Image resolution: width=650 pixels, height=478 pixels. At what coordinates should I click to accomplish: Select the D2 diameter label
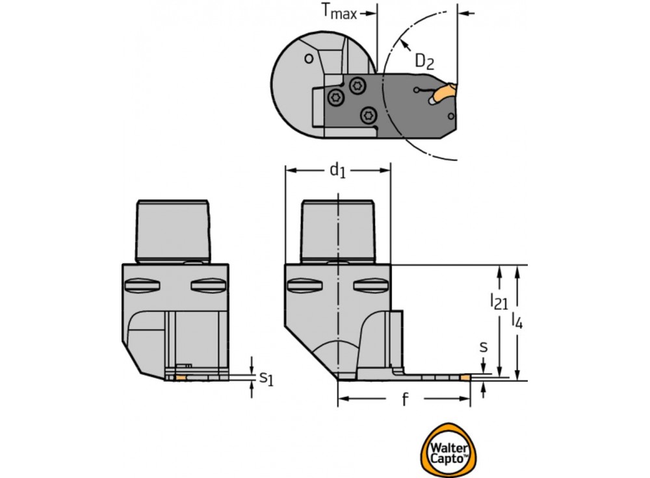[424, 61]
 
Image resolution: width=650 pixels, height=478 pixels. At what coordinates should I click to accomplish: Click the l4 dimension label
[517, 320]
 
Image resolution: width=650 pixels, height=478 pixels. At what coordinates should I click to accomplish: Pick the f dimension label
[404, 400]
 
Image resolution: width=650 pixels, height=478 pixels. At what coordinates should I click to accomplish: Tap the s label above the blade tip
[483, 347]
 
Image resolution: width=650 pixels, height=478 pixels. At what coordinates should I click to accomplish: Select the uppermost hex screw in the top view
[357, 84]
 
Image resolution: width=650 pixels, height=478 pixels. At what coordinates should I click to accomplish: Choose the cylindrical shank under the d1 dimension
[339, 231]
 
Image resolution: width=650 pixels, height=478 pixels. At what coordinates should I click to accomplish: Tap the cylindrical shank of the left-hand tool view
[174, 231]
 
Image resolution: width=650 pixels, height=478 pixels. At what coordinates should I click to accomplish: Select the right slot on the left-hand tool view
[208, 285]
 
